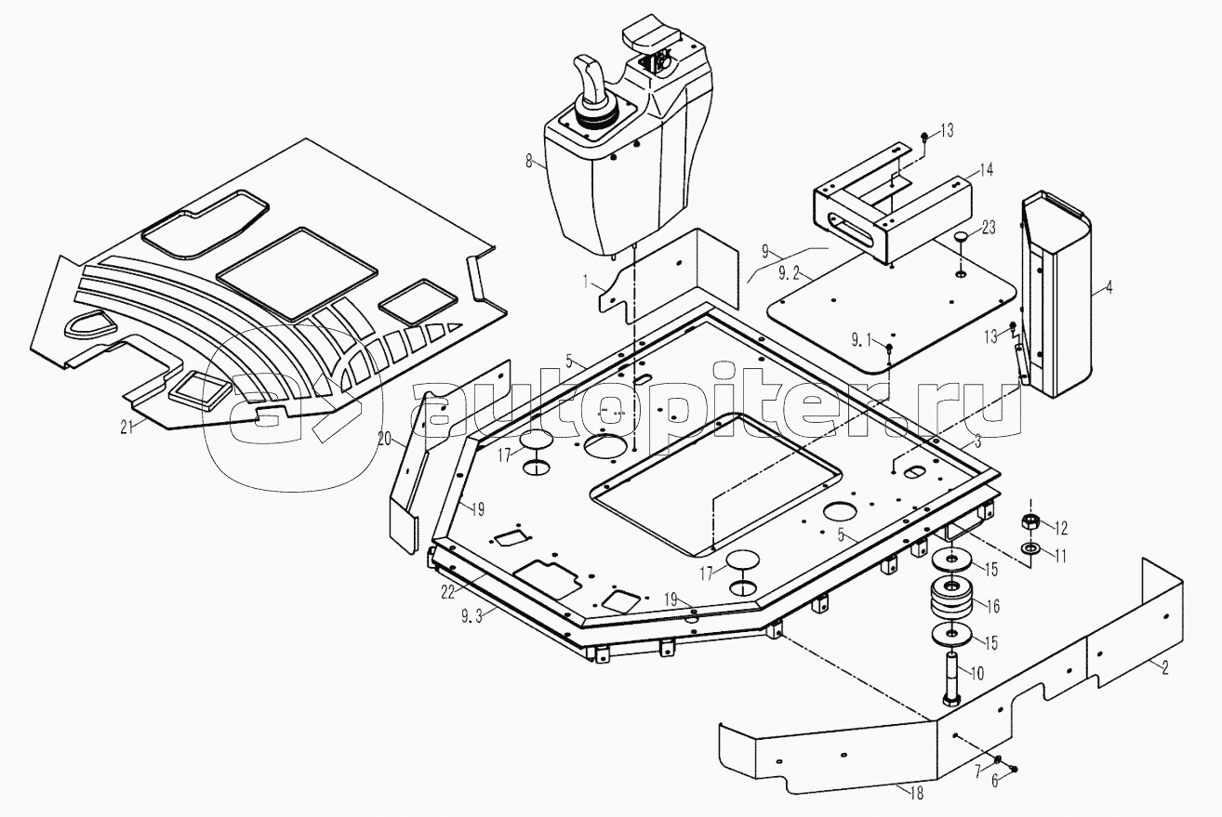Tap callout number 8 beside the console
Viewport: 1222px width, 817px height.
tap(529, 161)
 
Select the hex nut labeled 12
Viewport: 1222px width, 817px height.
tap(1030, 521)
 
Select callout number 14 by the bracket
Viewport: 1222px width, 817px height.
tap(985, 170)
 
